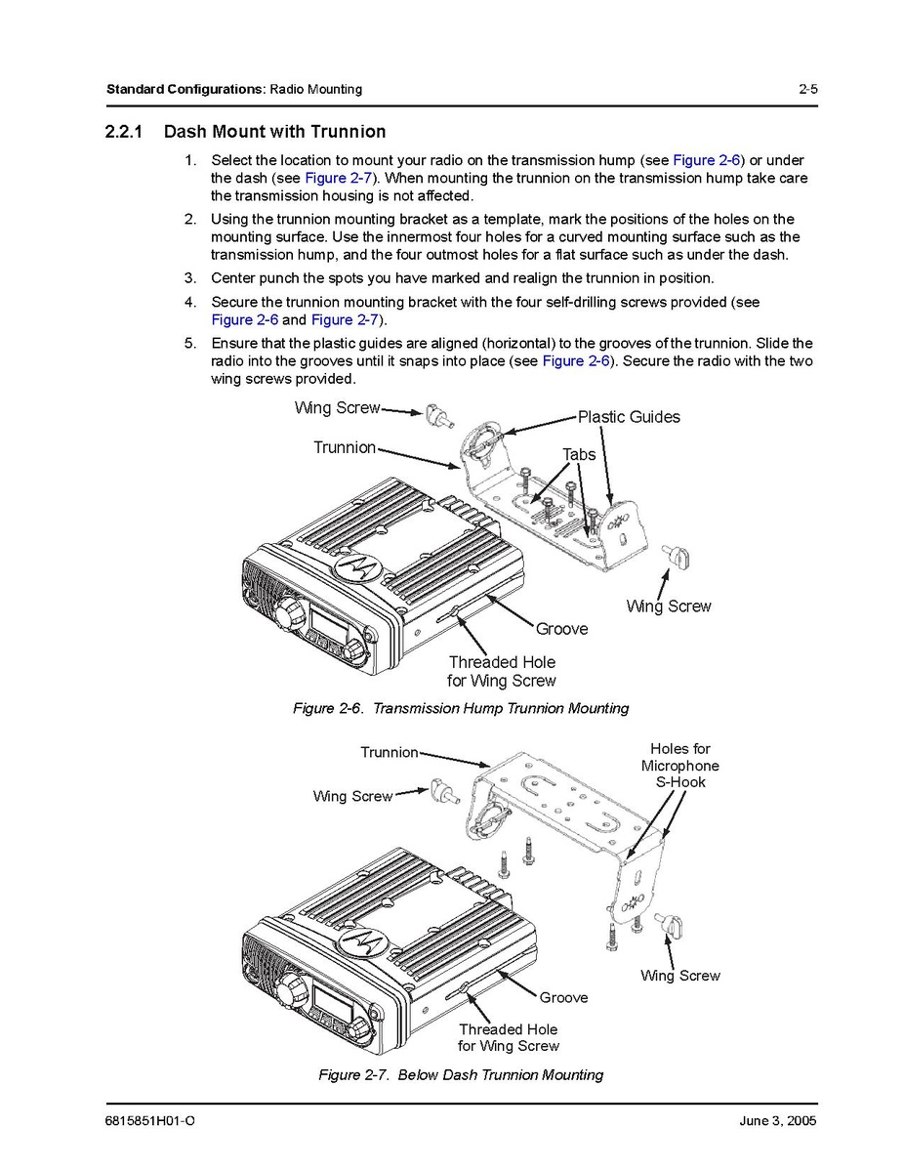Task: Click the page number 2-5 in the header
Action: [806, 90]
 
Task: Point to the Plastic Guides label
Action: [629, 417]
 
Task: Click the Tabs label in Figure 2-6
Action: [578, 454]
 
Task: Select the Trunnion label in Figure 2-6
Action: [344, 447]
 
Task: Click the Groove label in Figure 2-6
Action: [561, 629]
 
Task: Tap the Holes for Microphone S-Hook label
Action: [679, 766]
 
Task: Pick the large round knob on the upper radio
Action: [287, 613]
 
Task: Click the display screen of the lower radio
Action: [325, 999]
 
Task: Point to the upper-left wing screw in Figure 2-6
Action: [436, 416]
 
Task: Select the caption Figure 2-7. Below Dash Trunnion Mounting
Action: [461, 1074]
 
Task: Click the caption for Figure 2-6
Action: [461, 708]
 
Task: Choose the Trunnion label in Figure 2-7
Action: [389, 752]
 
